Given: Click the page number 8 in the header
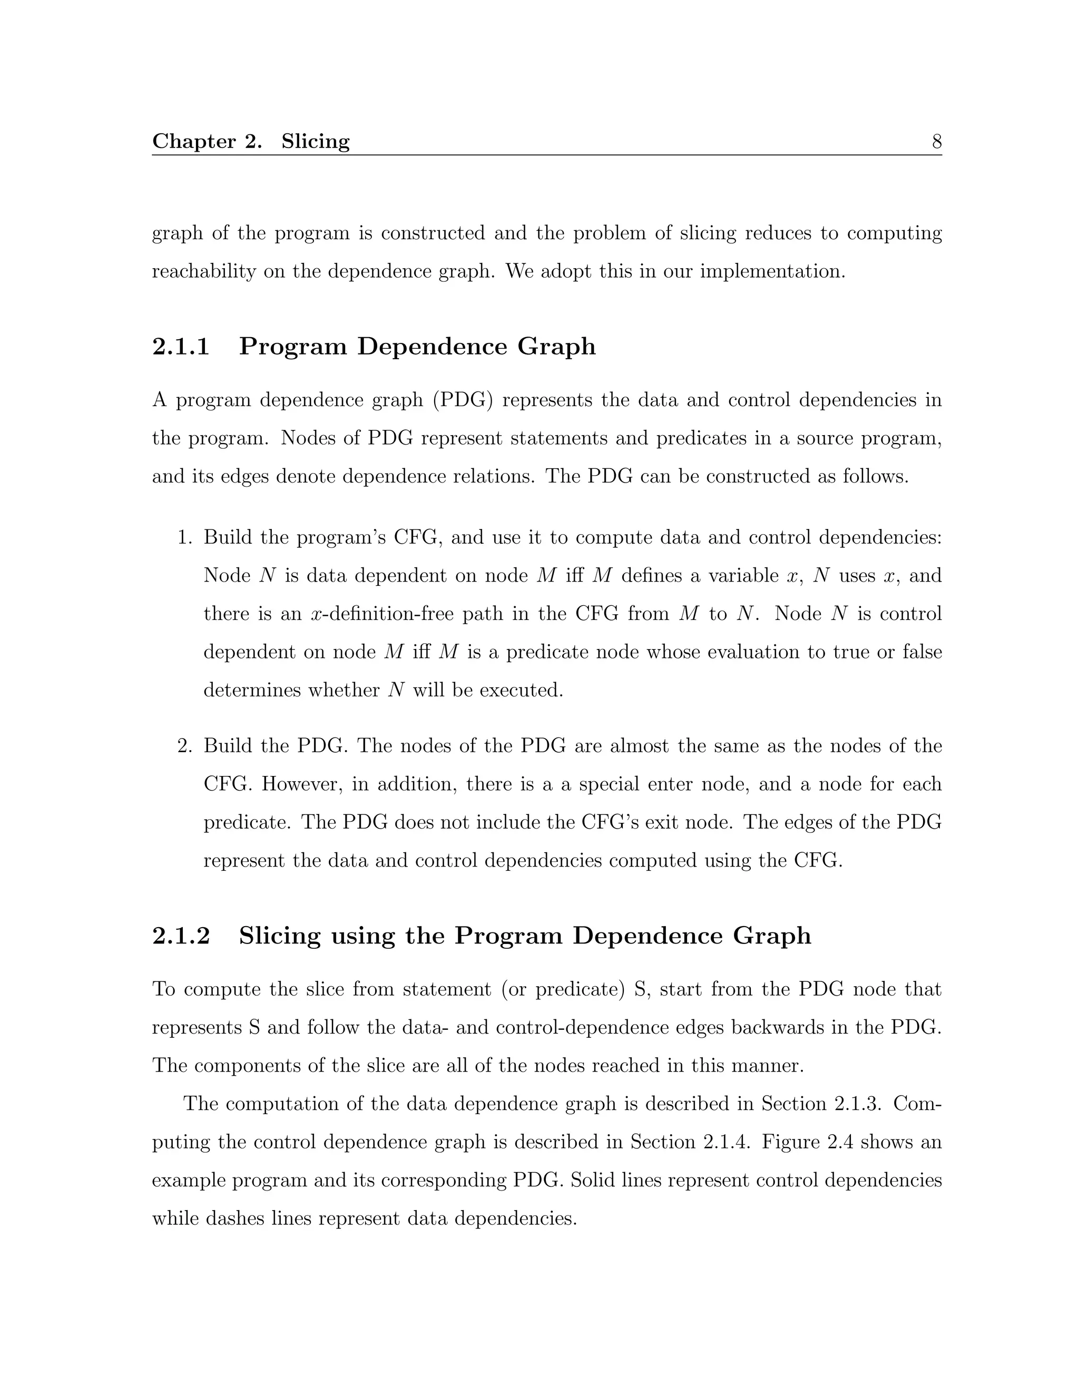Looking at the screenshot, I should coord(936,141).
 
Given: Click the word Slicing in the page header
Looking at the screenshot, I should coord(315,141).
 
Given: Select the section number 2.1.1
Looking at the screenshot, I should coord(181,347).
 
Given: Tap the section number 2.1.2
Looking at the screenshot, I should coord(181,936).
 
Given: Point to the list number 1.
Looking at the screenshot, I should coord(185,537).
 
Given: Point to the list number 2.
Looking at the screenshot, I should coord(185,746).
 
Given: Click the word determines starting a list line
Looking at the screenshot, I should coord(246,690).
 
